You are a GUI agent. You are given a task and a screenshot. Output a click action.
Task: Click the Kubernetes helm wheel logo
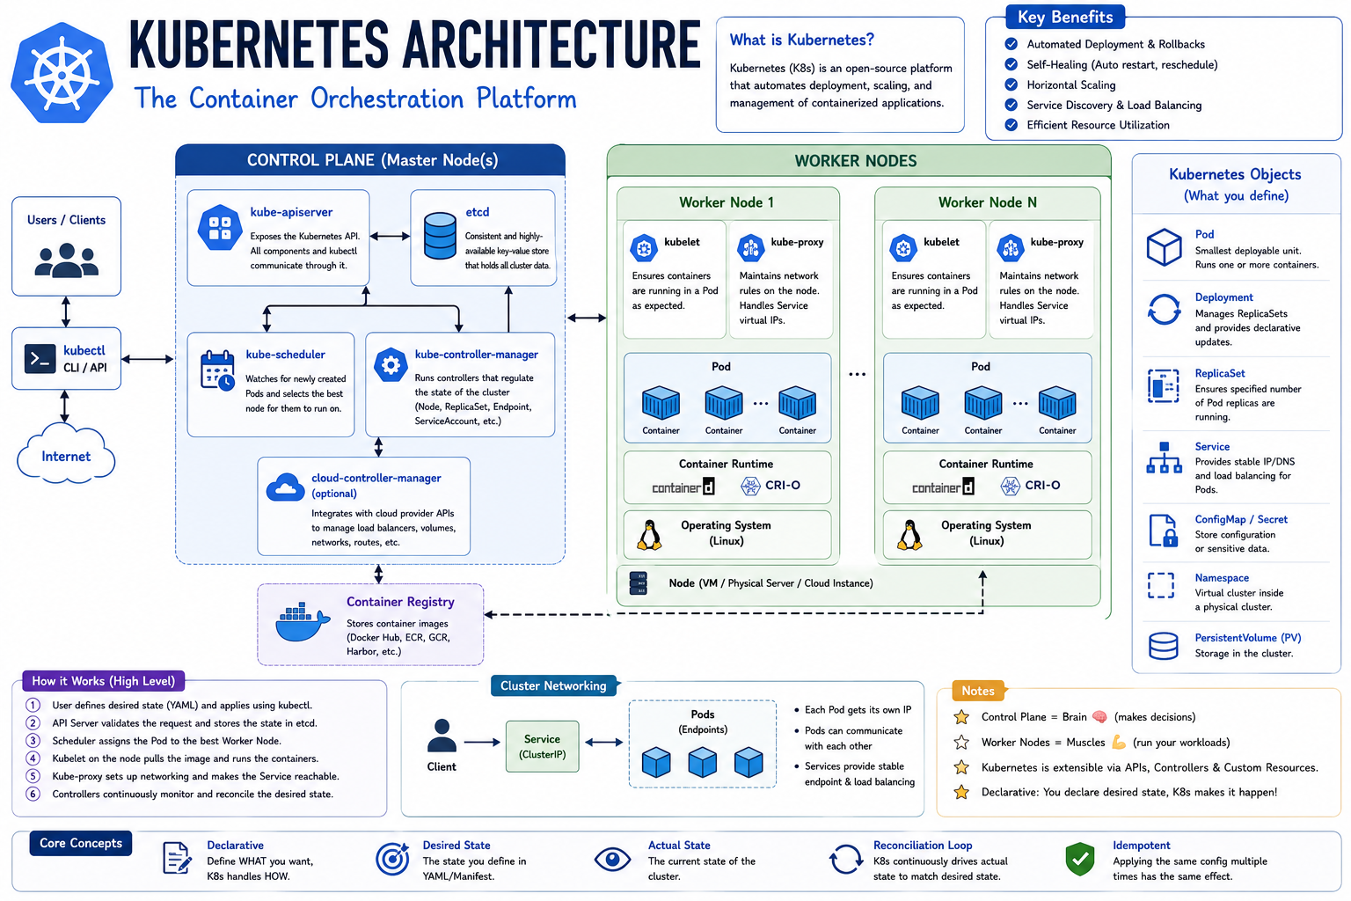coord(62,72)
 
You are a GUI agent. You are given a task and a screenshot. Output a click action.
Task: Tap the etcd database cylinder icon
coord(440,236)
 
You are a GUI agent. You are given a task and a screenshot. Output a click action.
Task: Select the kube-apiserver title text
coord(291,212)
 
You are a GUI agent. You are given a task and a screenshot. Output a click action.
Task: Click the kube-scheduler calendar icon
coord(217,370)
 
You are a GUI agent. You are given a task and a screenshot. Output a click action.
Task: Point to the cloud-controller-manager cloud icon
coord(285,487)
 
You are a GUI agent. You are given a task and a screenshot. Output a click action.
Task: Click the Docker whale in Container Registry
coord(303,621)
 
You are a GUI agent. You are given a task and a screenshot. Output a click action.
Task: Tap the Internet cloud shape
coord(66,454)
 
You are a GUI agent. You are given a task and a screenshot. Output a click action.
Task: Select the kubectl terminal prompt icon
coord(40,359)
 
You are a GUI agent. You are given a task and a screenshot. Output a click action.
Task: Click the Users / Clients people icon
coord(66,260)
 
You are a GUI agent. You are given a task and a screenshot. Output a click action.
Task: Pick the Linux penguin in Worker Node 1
coord(649,535)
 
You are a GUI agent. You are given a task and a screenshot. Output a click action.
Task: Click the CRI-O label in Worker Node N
coord(1042,485)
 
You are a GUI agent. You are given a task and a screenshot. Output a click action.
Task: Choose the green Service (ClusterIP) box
coord(542,746)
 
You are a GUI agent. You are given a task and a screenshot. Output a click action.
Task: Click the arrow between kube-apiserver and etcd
coord(390,236)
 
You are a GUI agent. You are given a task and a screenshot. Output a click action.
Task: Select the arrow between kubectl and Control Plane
coord(148,359)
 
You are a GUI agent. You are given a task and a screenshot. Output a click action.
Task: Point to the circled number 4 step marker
coord(33,758)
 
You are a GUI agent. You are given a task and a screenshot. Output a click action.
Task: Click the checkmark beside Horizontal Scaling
coord(1011,84)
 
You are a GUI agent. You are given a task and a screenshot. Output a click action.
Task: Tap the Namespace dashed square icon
coord(1161,585)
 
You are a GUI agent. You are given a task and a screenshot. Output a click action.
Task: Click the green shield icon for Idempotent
coord(1079,859)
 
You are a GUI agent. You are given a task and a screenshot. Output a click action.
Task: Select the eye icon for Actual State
coord(612,860)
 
